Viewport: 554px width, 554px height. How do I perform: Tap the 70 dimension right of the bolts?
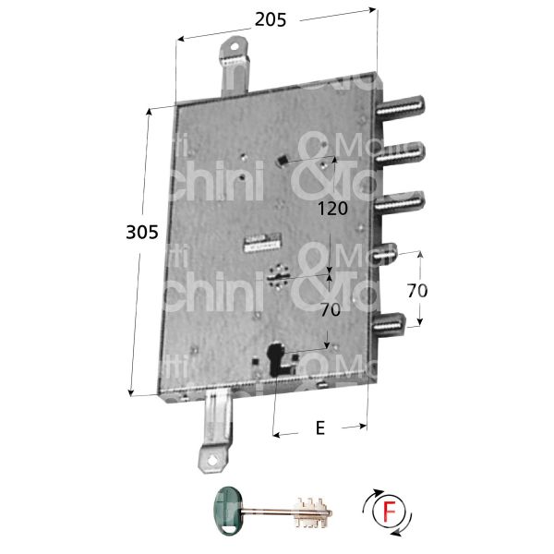coord(417,290)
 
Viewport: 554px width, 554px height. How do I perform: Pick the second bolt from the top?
coord(403,152)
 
